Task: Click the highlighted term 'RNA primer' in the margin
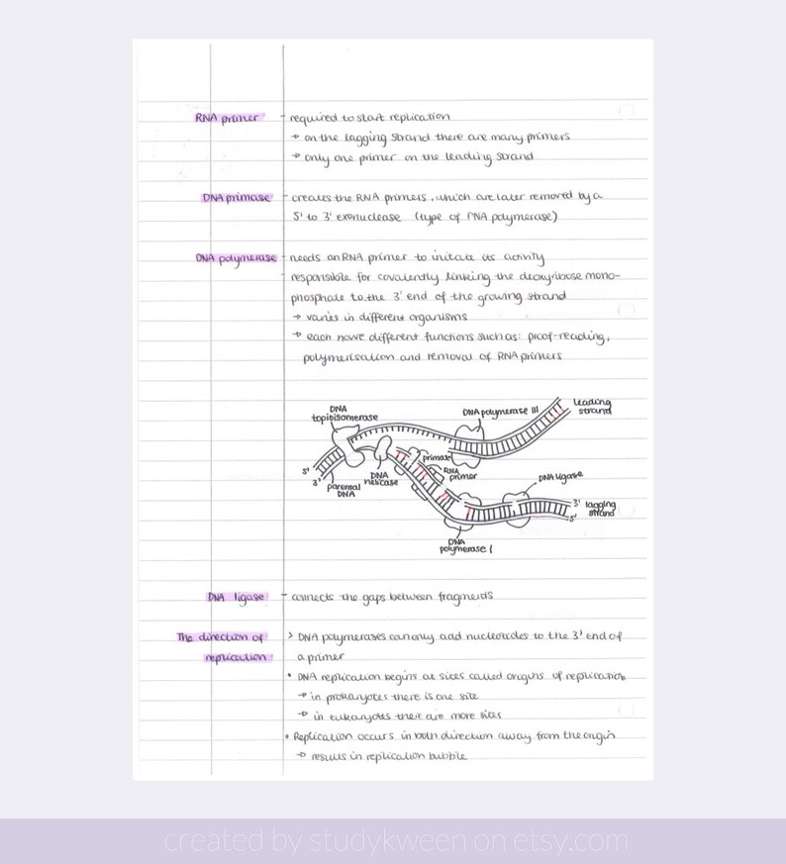coord(227,118)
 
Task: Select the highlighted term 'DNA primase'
coord(236,197)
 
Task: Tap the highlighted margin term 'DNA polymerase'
coord(236,258)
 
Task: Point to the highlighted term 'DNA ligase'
coord(236,598)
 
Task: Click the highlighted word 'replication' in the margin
coord(236,657)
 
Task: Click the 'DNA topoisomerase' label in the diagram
coord(344,413)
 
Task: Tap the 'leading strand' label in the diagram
coord(592,406)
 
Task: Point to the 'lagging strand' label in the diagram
coord(600,508)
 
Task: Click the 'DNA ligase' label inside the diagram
coord(560,477)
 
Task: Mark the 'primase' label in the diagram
coord(437,458)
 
